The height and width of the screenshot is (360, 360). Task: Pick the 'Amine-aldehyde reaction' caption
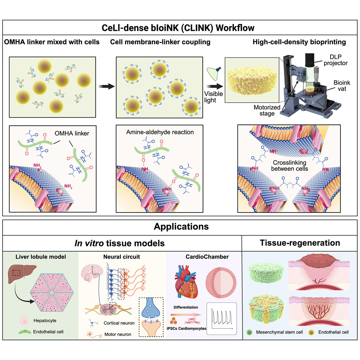point(160,132)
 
